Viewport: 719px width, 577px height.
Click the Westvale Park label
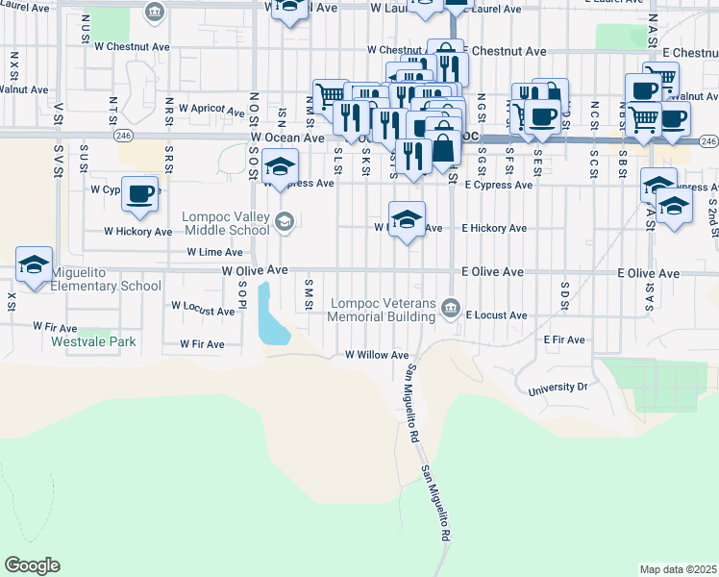[x=94, y=341]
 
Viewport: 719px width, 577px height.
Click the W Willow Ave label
[x=377, y=355]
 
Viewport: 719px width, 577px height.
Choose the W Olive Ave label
[x=255, y=272]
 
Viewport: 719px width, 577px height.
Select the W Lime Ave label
[x=219, y=251]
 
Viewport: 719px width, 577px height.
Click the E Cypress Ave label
[x=498, y=185]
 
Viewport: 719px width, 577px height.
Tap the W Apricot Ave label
[x=211, y=112]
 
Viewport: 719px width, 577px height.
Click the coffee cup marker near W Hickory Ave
[x=140, y=193]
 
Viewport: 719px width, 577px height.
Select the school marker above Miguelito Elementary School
[x=35, y=264]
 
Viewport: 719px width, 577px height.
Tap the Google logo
[x=32, y=565]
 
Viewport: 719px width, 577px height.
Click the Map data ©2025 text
[x=678, y=569]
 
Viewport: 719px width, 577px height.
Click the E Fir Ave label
[x=564, y=340]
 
